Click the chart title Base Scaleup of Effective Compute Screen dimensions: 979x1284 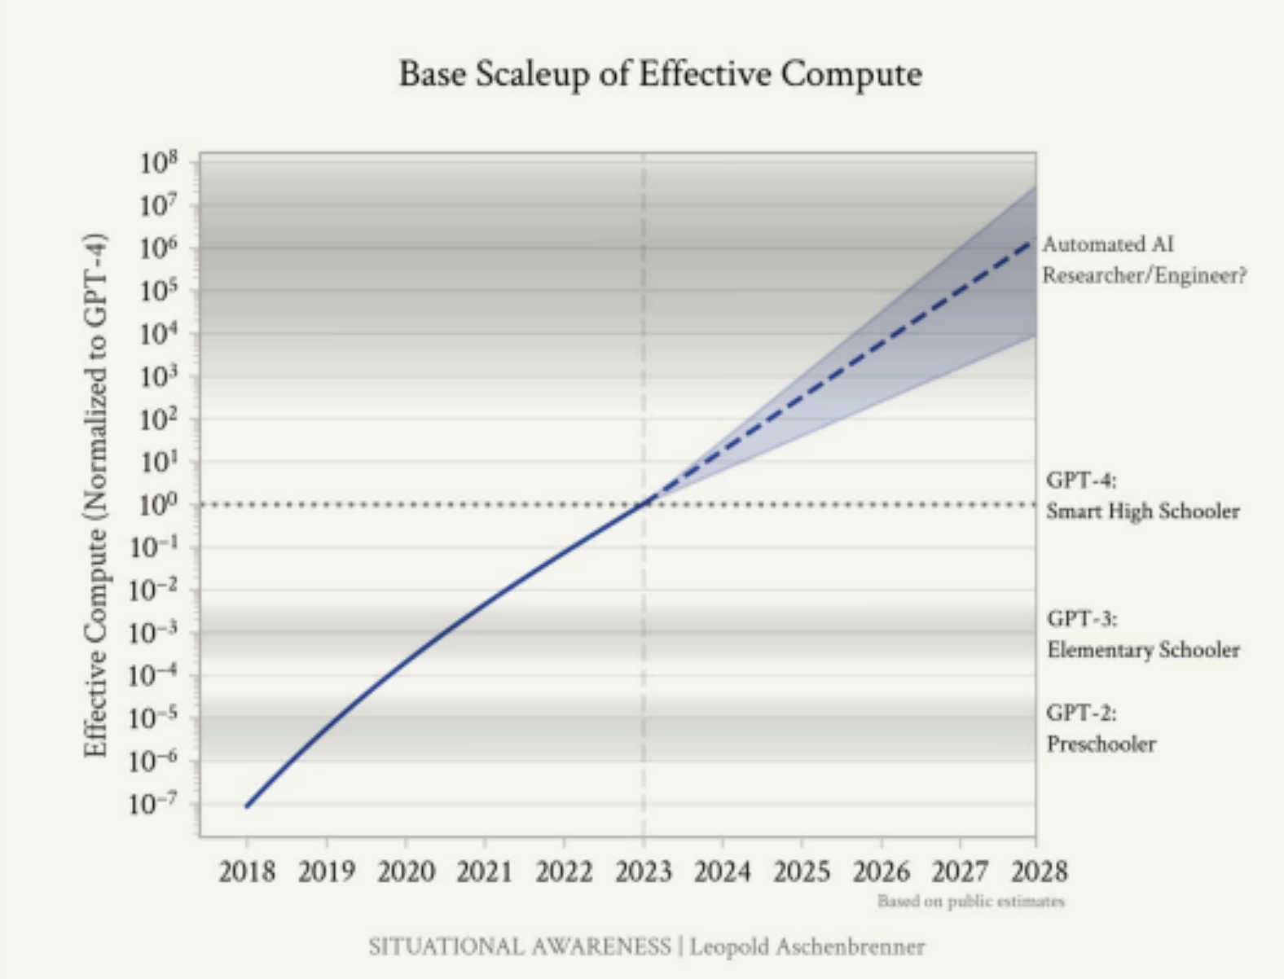click(x=660, y=74)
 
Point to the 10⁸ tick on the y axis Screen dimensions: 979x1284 click(x=158, y=163)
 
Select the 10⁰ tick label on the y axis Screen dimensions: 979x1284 click(x=158, y=505)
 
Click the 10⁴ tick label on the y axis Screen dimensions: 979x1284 click(x=158, y=334)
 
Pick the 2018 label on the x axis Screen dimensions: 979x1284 click(x=247, y=872)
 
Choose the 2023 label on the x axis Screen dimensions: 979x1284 click(x=644, y=872)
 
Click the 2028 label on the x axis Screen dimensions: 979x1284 click(x=1039, y=872)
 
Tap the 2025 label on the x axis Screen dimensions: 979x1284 click(x=802, y=872)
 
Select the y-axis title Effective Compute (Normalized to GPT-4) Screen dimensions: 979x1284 click(x=95, y=495)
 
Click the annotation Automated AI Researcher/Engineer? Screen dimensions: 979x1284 click(x=1144, y=260)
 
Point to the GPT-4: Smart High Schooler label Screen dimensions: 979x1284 click(x=1142, y=496)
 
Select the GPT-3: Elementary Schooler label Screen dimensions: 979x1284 click(x=1143, y=634)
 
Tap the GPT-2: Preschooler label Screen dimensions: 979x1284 click(x=1101, y=728)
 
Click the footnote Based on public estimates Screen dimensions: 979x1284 click(x=970, y=901)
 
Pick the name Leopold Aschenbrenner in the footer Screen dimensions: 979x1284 click(x=807, y=947)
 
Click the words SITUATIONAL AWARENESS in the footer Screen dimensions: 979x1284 click(x=519, y=947)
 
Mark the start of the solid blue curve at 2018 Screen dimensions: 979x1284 click(x=247, y=806)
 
